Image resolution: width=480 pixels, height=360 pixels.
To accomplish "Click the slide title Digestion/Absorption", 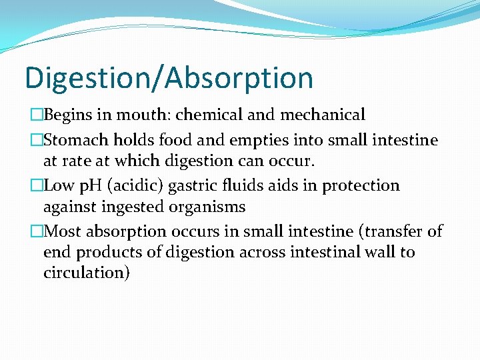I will coord(169,77).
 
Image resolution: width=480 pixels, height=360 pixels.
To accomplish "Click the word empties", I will coord(249,140).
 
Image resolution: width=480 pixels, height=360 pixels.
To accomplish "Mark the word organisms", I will coord(208,207).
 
